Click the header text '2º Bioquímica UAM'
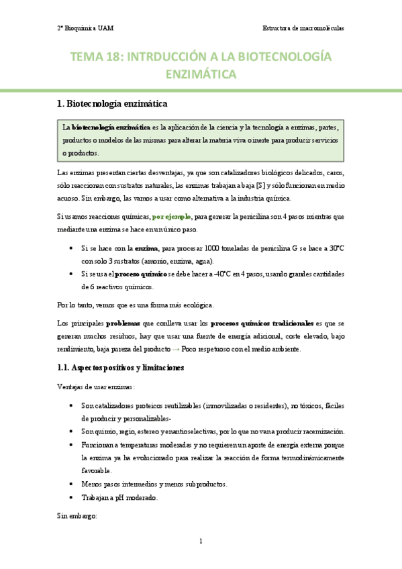(85, 28)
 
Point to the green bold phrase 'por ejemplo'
(171, 217)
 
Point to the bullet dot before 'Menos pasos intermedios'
(72, 484)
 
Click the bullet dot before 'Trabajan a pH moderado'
(72, 498)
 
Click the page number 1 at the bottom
(201, 541)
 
